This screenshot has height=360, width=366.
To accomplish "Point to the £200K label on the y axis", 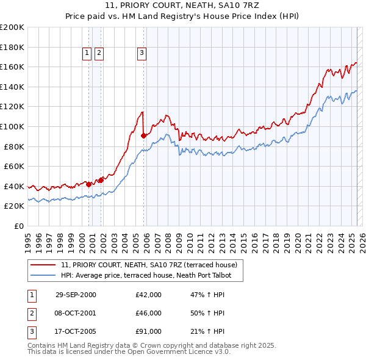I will click(x=12, y=27).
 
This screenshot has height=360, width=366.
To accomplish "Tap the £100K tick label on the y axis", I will click(x=12, y=126).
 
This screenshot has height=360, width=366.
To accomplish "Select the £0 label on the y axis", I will click(x=18, y=226).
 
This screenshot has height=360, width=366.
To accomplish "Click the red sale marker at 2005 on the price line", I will click(x=143, y=135).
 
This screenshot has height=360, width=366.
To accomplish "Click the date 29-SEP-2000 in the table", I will click(x=76, y=295).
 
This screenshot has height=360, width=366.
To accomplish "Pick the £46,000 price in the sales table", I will click(x=148, y=313).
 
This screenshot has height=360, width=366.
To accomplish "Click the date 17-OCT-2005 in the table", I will click(x=76, y=331).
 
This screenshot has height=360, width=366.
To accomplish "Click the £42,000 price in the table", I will click(x=148, y=295).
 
